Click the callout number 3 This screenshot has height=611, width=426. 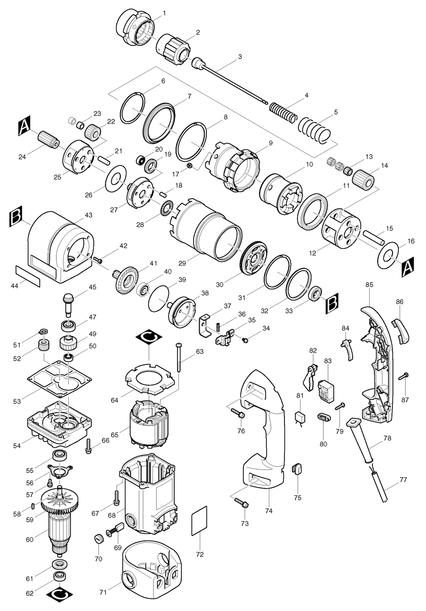click(x=240, y=57)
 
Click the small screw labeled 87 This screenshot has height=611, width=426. click(x=404, y=376)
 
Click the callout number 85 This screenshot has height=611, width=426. click(x=369, y=285)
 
